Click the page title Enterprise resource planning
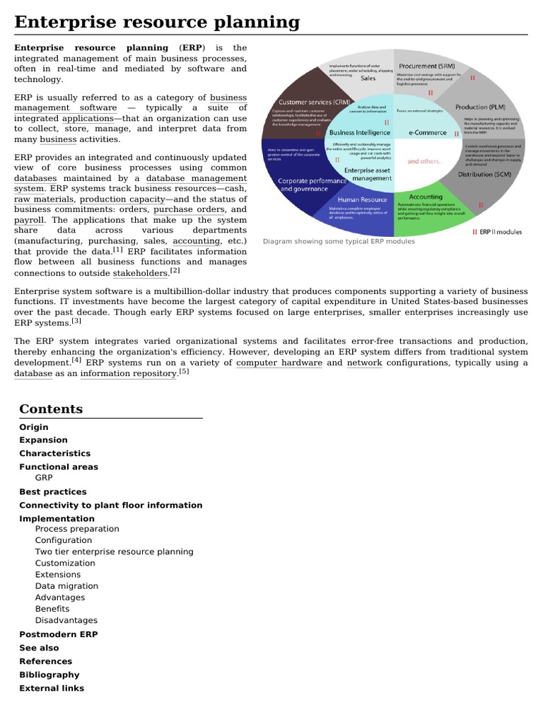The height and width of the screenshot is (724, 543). tap(157, 22)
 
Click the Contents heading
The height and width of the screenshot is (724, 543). tap(51, 409)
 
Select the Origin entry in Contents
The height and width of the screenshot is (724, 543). tap(34, 427)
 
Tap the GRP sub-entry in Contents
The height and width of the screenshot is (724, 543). tap(44, 477)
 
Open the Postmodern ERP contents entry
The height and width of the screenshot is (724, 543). tap(59, 634)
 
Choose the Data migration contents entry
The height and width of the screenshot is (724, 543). tap(67, 585)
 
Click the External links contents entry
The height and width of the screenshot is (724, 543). tap(52, 688)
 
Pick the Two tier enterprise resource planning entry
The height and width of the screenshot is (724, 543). tap(114, 551)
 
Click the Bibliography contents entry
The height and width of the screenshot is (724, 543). tap(49, 675)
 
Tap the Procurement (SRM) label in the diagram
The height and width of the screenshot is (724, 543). tap(428, 66)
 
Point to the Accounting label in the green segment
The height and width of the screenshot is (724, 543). tap(426, 197)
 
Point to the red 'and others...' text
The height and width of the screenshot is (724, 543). tap(424, 161)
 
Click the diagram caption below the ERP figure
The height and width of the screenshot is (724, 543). tap(339, 242)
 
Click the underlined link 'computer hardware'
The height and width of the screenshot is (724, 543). tap(279, 363)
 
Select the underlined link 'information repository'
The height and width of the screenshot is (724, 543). tap(128, 373)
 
